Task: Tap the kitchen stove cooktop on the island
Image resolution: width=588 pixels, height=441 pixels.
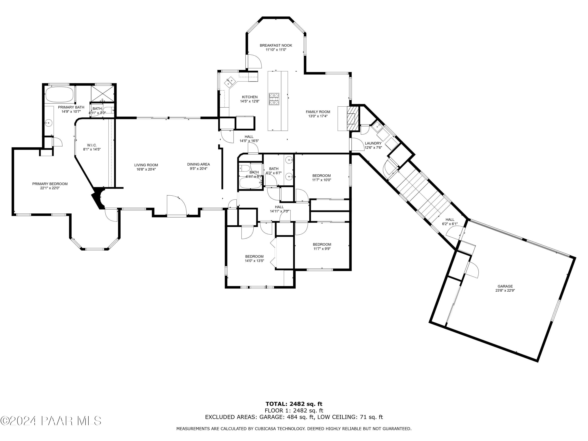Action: tap(274, 99)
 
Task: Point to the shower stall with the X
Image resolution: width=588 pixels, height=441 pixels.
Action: tap(102, 93)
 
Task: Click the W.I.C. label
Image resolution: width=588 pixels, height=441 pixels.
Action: tap(92, 145)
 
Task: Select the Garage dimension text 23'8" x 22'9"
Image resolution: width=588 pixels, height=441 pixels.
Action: tap(505, 290)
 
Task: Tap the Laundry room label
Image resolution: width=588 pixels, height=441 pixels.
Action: tap(373, 143)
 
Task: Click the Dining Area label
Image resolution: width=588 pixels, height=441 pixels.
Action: tap(198, 164)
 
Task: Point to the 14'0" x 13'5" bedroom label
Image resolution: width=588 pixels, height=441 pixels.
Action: tap(254, 261)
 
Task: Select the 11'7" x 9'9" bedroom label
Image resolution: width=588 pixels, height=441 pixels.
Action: tap(322, 249)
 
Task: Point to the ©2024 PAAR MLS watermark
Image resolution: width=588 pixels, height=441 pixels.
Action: tap(51, 421)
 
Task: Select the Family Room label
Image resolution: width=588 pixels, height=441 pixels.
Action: tap(318, 112)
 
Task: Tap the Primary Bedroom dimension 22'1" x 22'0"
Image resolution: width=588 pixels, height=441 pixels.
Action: tap(50, 188)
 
